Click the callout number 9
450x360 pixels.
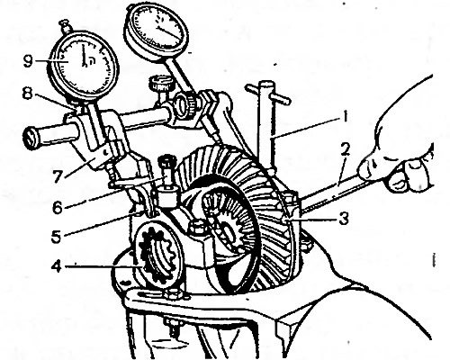(x=28, y=61)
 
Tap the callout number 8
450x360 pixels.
(x=27, y=94)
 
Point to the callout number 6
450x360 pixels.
(x=57, y=208)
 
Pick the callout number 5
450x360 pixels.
(x=56, y=236)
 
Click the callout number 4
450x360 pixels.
(x=57, y=267)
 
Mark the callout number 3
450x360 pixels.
(x=344, y=219)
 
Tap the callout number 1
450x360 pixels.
(x=345, y=117)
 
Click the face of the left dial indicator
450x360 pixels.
(x=84, y=63)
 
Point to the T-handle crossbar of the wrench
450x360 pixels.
(x=268, y=94)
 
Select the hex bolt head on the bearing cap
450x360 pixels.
(x=195, y=226)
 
